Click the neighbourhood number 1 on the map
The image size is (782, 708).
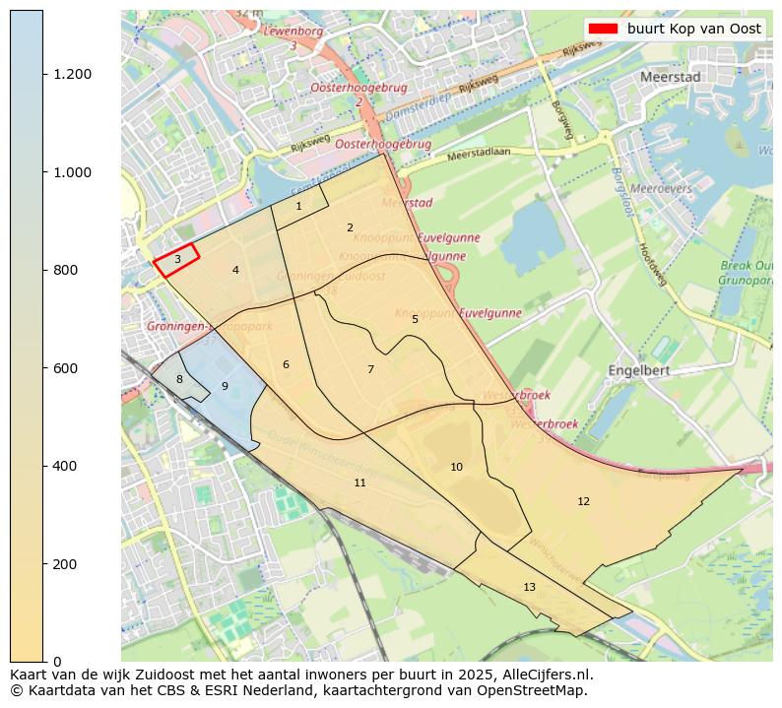298,206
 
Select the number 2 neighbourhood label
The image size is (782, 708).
350,227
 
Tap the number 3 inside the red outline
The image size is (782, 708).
177,259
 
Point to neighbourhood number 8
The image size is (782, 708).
179,379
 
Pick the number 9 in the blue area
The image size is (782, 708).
225,386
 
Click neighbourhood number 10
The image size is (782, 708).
456,467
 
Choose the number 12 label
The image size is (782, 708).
583,501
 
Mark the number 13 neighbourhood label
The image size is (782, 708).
529,587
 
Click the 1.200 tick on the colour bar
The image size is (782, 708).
73,75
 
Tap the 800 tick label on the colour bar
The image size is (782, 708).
65,270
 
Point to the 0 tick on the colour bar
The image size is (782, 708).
57,662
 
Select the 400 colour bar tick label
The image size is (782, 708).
65,466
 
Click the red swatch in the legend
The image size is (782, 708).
602,29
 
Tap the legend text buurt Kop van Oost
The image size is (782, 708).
693,29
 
